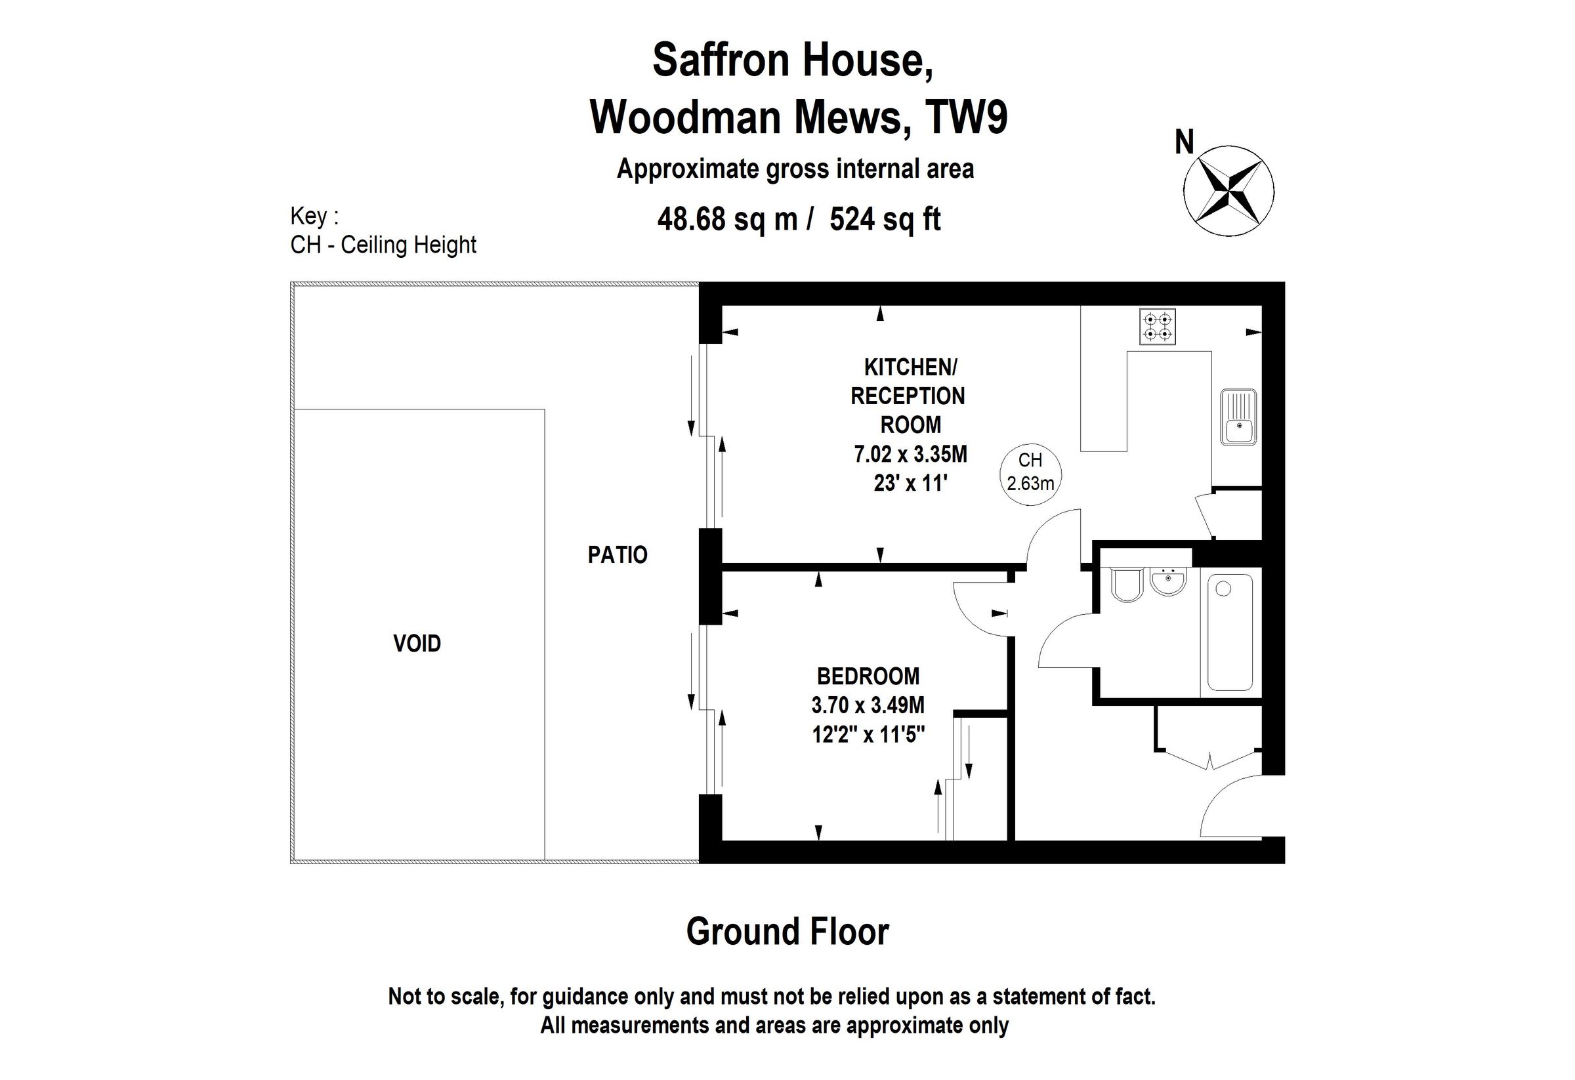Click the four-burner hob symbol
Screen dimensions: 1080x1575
(1158, 327)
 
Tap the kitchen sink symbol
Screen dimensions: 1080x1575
(1238, 417)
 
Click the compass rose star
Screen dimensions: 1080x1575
(1228, 191)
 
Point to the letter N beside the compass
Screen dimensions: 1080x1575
(1183, 143)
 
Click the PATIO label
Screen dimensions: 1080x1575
(618, 555)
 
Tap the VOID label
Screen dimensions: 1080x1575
(417, 643)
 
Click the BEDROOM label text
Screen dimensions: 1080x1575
(868, 676)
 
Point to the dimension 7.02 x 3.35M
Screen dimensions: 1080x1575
(910, 454)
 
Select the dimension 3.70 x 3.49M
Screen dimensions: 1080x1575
(868, 705)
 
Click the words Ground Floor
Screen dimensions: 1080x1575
(787, 932)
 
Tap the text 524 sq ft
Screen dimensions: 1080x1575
(885, 220)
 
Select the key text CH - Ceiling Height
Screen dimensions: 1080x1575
(384, 245)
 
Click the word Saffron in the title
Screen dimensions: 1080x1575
(721, 60)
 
